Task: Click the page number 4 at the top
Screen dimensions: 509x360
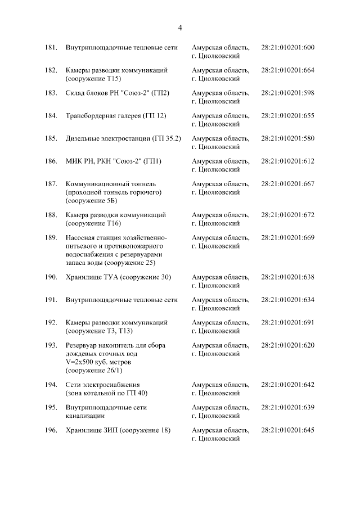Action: [x=180, y=28]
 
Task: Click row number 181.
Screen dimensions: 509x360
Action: [x=51, y=47]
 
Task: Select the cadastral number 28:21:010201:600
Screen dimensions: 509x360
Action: [x=288, y=47]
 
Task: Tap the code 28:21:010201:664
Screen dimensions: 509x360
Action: [x=288, y=70]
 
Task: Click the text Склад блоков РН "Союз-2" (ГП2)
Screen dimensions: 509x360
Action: [x=118, y=93]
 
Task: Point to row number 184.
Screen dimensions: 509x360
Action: [x=51, y=116]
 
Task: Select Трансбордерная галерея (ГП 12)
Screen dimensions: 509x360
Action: [x=115, y=116]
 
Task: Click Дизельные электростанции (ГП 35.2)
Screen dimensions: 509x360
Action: [x=123, y=138]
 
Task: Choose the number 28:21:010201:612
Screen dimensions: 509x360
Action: [x=288, y=161]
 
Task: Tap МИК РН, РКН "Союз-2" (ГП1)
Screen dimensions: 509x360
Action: [x=114, y=161]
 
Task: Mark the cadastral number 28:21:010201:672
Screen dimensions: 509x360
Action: [x=288, y=215]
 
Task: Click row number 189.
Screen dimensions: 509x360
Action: [x=51, y=238]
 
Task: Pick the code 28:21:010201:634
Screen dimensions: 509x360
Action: [x=288, y=300]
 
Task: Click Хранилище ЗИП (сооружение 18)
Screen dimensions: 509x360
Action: [x=118, y=430]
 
